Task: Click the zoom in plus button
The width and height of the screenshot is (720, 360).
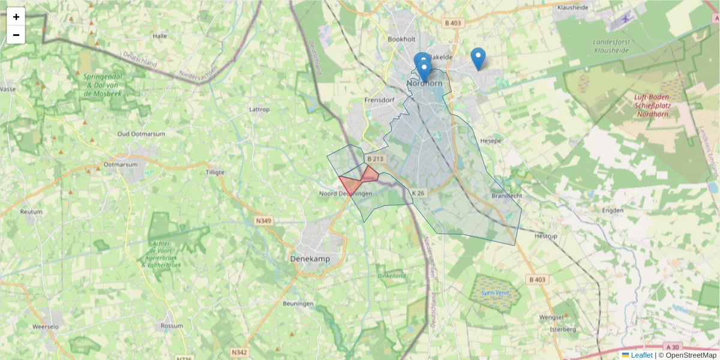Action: coord(16,17)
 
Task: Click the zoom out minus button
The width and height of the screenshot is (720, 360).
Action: coord(16,35)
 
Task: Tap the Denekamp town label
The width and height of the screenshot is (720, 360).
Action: coord(310,259)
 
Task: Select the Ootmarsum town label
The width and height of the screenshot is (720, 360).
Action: coord(121,164)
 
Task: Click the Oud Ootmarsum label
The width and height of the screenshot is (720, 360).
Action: coord(141,134)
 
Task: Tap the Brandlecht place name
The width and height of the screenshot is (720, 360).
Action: coord(507,196)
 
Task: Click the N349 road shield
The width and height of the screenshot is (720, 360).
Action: coord(263,221)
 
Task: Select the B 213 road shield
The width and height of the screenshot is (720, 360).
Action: coord(374,159)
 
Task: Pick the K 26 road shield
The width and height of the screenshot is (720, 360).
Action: coord(418,193)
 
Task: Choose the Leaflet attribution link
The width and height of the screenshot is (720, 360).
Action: coord(641,355)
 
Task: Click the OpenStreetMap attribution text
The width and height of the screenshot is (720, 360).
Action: coord(687,355)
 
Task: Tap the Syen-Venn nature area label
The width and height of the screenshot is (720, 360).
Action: coord(494,293)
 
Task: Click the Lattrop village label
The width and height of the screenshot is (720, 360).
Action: coord(259,110)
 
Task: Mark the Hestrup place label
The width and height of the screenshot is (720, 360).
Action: coord(546,236)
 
